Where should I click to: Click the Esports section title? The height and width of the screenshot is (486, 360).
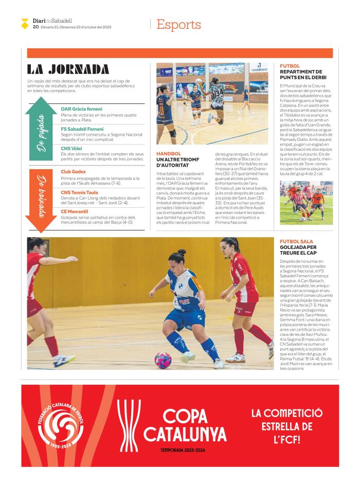[178, 24]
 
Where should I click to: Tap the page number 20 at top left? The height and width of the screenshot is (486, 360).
[35, 27]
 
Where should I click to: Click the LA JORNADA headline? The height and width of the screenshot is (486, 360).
[68, 69]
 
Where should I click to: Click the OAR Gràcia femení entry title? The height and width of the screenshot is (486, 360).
[81, 109]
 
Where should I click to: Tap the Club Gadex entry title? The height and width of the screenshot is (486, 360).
[73, 172]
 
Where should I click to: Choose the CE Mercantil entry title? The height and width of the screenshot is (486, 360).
[74, 211]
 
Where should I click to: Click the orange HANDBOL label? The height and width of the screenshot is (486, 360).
[169, 154]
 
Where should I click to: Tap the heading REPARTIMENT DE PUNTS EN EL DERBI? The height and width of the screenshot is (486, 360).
[303, 75]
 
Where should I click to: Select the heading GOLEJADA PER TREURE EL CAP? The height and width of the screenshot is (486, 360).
[298, 250]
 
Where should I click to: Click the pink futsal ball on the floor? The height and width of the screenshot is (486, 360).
[163, 359]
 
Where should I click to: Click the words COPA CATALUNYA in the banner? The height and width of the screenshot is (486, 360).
[185, 425]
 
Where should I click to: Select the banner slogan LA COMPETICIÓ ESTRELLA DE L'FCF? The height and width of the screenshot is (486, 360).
[286, 426]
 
